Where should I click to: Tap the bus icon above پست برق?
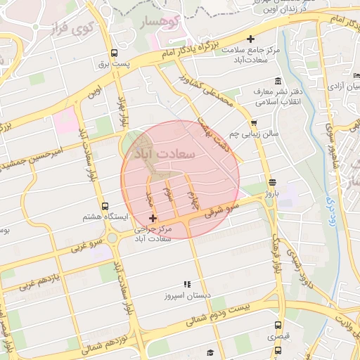coord(115,53)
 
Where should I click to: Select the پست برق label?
coord(115,64)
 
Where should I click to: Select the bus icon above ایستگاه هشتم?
coord(105,207)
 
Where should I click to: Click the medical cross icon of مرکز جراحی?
coord(153,219)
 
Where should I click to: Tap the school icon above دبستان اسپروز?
coord(187,284)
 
